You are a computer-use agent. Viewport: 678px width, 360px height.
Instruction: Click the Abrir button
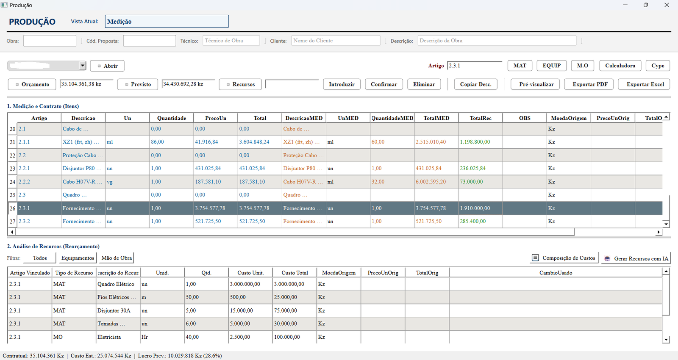click(x=107, y=66)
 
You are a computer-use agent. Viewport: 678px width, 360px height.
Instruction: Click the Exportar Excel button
click(x=645, y=84)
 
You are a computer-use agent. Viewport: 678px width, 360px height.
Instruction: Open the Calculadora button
click(x=620, y=65)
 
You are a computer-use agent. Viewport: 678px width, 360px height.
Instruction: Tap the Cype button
click(x=658, y=65)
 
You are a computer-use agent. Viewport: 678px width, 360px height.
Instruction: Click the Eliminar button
click(x=424, y=84)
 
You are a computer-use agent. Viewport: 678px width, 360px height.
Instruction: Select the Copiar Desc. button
click(x=475, y=84)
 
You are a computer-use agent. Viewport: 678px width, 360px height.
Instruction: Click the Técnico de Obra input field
click(x=231, y=41)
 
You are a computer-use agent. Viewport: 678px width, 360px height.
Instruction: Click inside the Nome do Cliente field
click(x=336, y=41)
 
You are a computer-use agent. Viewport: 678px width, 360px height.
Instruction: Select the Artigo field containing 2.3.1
click(x=474, y=65)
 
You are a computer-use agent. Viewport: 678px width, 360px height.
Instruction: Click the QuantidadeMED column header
click(x=392, y=118)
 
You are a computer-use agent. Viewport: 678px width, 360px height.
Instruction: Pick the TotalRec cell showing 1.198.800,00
click(x=475, y=142)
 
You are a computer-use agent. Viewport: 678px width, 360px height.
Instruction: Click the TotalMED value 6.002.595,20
click(x=431, y=182)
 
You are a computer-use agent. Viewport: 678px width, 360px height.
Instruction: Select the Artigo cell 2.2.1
click(x=24, y=169)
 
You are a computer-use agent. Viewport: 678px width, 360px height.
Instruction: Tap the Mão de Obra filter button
click(x=117, y=258)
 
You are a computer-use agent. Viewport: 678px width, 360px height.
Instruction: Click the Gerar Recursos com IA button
click(x=636, y=258)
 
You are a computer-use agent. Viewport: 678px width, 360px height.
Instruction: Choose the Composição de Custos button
click(x=564, y=258)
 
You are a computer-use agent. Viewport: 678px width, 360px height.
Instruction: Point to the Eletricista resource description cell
click(x=109, y=337)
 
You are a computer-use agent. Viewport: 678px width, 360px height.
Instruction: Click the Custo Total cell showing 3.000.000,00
click(x=289, y=284)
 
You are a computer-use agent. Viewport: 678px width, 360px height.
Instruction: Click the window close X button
click(x=666, y=5)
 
